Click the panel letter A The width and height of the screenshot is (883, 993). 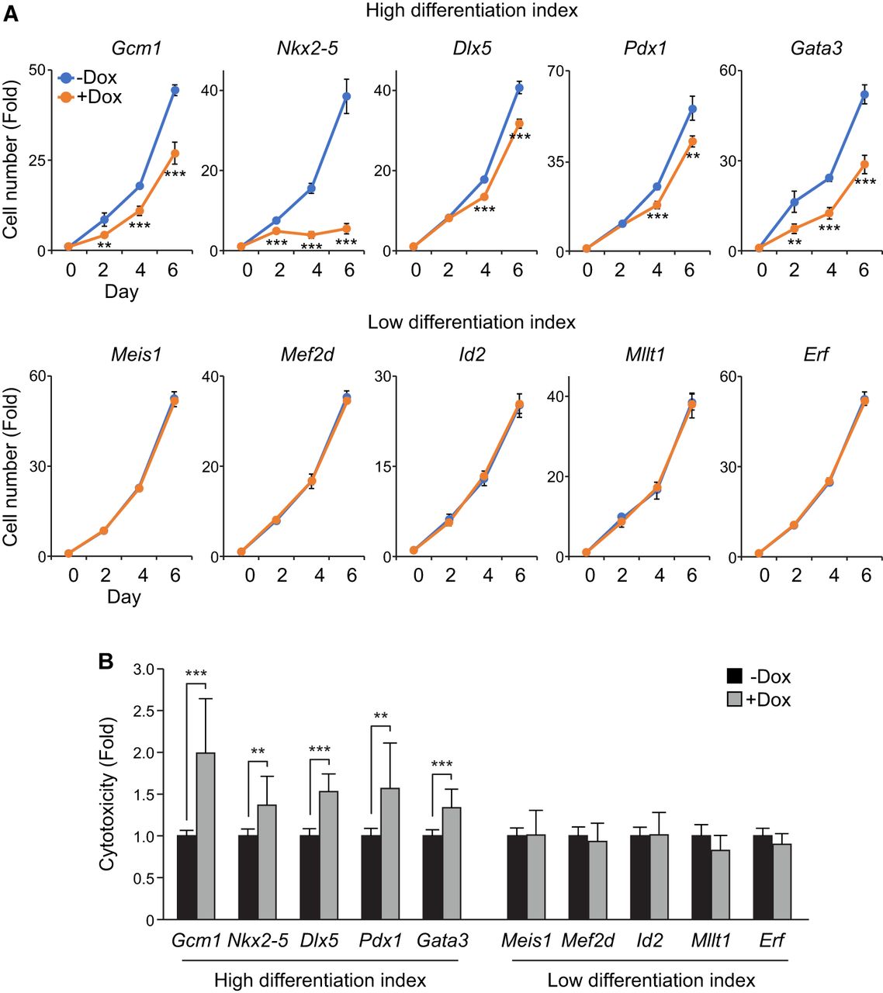click(x=11, y=13)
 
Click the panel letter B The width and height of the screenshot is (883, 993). click(x=106, y=661)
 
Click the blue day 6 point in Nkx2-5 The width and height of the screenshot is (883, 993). click(x=346, y=96)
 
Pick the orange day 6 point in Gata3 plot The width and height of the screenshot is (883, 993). click(x=864, y=164)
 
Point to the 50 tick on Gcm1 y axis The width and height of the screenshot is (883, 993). click(x=36, y=70)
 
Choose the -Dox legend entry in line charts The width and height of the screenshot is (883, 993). click(x=88, y=78)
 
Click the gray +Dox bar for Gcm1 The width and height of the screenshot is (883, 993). click(x=206, y=836)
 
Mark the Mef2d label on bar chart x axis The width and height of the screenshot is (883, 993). click(x=587, y=941)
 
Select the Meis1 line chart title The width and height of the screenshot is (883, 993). click(x=136, y=355)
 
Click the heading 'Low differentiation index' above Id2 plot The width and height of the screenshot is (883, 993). click(x=472, y=322)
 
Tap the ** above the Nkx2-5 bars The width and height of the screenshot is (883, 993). click(x=258, y=752)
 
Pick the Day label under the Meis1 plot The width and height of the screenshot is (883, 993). click(x=123, y=597)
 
